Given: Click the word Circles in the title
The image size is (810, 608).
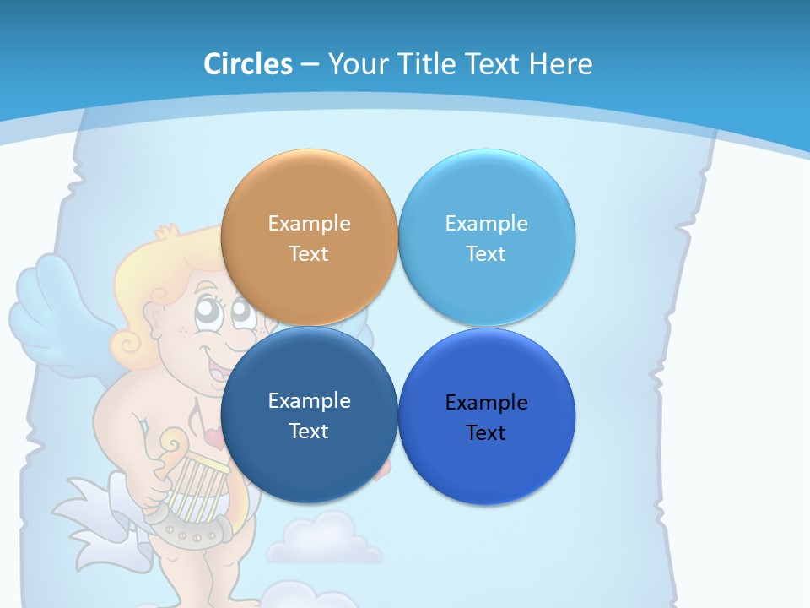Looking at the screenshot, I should pos(248,64).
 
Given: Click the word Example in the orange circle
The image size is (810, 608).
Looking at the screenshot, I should pos(309,224).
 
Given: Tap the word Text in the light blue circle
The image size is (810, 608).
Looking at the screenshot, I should pos(486,254).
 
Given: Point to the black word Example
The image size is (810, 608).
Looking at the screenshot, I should pos(486,403).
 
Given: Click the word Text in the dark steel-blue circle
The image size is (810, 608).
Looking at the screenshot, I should pos(309,432).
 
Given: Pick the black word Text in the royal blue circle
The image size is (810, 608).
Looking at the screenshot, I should pos(486,433).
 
